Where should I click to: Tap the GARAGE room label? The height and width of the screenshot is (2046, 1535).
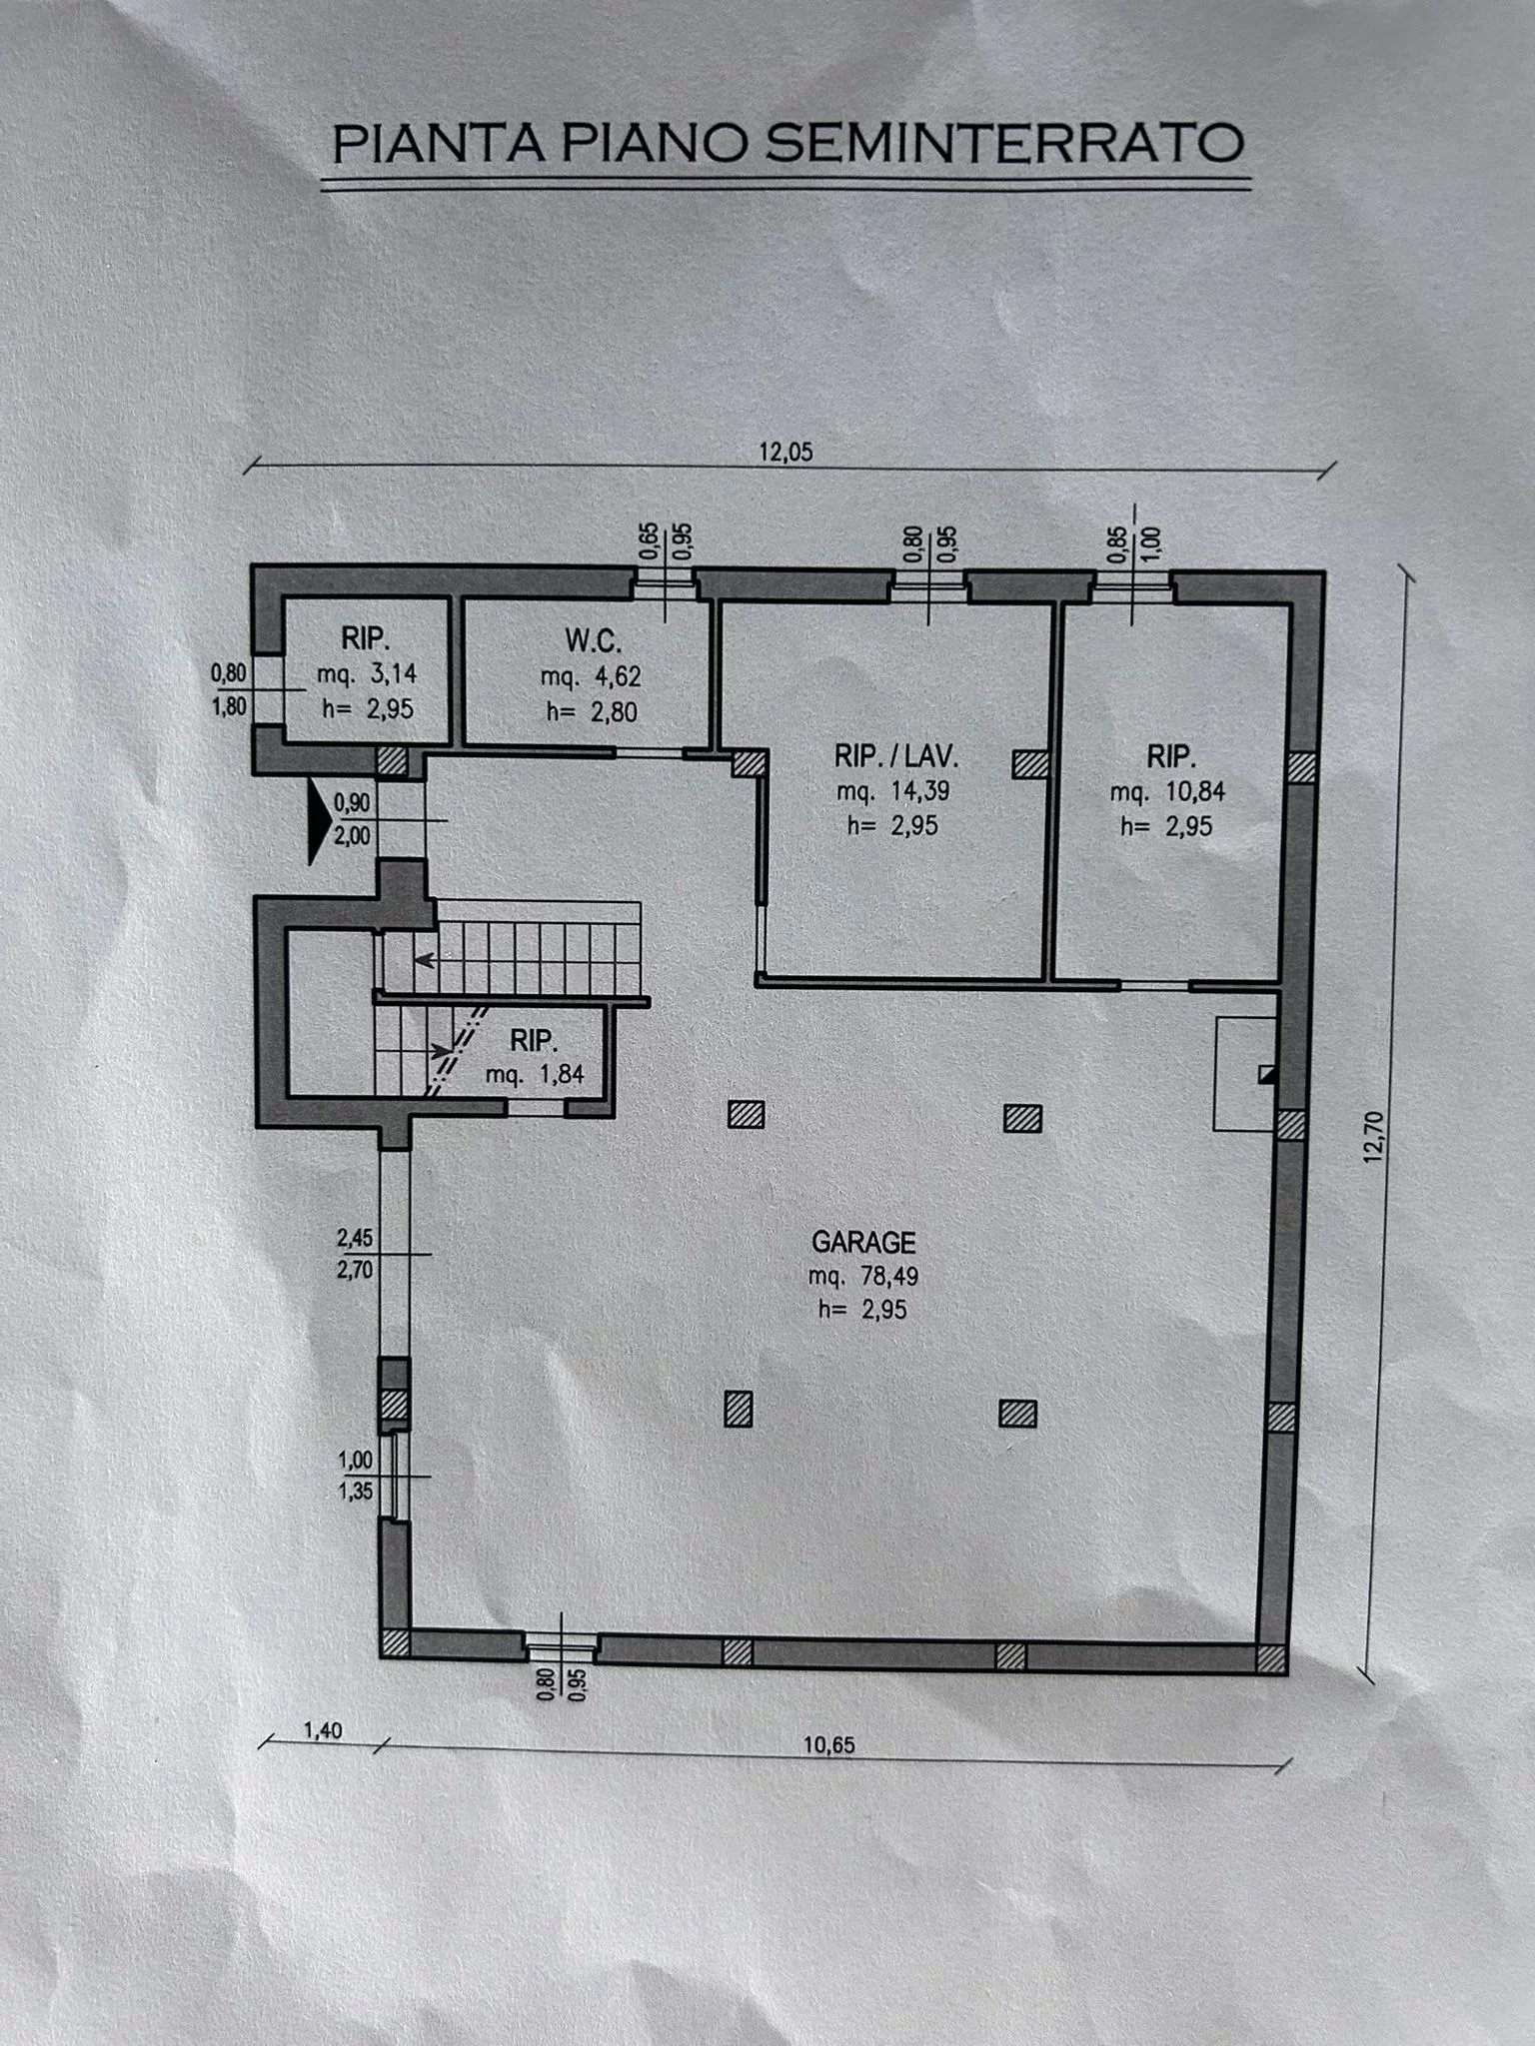pyautogui.click(x=863, y=1242)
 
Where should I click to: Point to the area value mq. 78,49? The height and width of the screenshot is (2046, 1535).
pyautogui.click(x=863, y=1276)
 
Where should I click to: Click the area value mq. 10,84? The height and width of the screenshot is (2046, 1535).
pyautogui.click(x=1167, y=792)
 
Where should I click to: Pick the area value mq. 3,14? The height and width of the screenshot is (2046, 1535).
pyautogui.click(x=367, y=674)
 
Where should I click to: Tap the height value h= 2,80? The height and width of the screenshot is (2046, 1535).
pyautogui.click(x=591, y=711)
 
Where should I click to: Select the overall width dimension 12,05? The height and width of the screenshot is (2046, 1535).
pyautogui.click(x=786, y=452)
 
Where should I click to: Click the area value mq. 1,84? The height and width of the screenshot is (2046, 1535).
pyautogui.click(x=535, y=1075)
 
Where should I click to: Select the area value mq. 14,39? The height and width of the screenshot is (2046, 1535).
pyautogui.click(x=892, y=792)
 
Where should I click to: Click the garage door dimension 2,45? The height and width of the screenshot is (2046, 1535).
pyautogui.click(x=355, y=1239)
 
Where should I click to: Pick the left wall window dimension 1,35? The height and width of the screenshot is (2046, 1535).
pyautogui.click(x=355, y=1492)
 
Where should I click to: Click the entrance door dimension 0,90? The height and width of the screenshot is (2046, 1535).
pyautogui.click(x=352, y=801)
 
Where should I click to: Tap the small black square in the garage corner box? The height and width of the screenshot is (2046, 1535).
pyautogui.click(x=1267, y=1074)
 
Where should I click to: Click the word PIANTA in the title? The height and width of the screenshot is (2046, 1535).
pyautogui.click(x=438, y=144)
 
